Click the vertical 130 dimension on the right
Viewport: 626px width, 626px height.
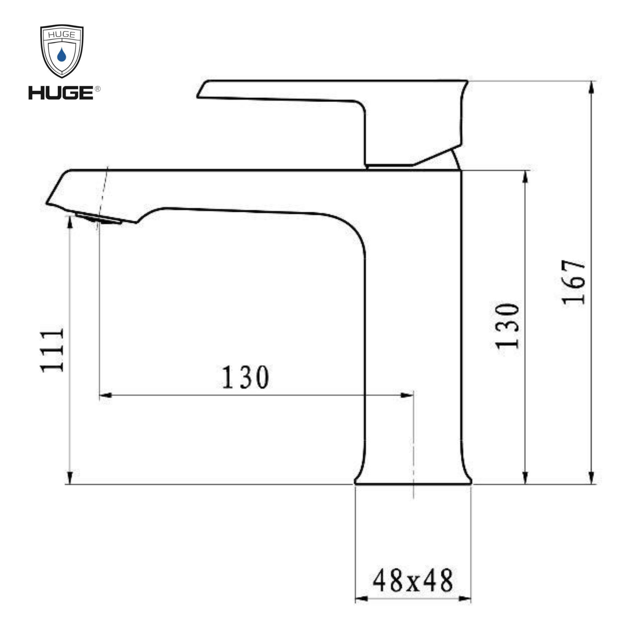(x=508, y=326)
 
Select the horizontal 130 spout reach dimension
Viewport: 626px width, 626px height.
(x=245, y=377)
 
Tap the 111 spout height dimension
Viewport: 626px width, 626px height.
(x=52, y=351)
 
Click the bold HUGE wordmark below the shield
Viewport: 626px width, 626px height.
(x=61, y=93)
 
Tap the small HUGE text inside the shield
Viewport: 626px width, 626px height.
(x=62, y=35)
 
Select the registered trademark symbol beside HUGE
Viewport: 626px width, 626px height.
(x=97, y=89)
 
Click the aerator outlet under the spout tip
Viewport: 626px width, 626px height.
(x=99, y=219)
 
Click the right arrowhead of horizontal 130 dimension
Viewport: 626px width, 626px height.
(x=407, y=395)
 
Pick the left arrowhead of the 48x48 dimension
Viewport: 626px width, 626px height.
(x=362, y=598)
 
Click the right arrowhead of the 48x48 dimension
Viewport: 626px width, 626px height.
(x=465, y=598)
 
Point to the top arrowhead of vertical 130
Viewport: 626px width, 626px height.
(x=526, y=177)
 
